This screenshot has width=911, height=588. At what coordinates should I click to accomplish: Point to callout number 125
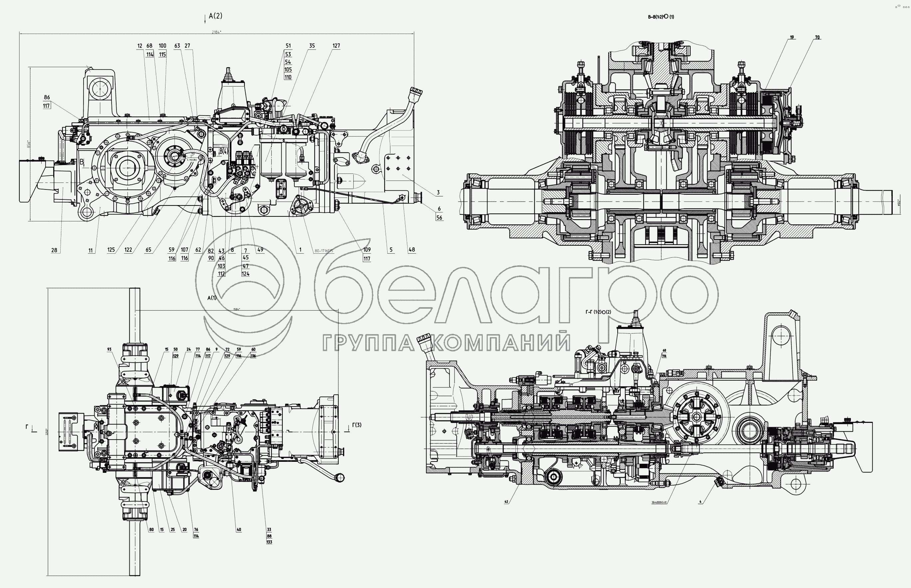111,250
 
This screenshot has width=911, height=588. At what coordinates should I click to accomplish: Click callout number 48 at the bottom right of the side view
412,250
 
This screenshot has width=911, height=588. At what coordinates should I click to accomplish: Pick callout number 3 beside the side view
438,193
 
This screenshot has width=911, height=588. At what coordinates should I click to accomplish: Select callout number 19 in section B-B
792,37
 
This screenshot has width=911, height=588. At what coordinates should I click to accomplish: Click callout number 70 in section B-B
817,37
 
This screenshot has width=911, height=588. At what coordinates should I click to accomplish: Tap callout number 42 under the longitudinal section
506,502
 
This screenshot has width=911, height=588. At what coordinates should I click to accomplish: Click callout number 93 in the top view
109,349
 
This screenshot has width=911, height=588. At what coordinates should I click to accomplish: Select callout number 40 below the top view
239,530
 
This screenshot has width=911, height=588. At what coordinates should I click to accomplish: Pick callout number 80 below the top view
152,530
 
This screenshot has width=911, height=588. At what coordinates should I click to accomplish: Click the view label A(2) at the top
215,16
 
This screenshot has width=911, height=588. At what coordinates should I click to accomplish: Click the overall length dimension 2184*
216,32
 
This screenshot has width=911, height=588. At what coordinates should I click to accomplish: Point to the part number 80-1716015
324,251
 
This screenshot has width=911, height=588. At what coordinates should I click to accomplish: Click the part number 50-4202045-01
659,502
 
